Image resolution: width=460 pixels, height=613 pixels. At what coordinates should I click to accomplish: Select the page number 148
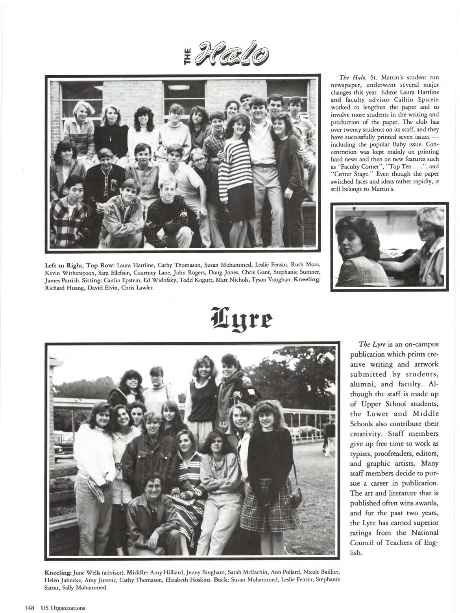(x=30, y=607)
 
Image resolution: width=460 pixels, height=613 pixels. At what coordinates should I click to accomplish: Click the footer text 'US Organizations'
(x=62, y=607)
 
